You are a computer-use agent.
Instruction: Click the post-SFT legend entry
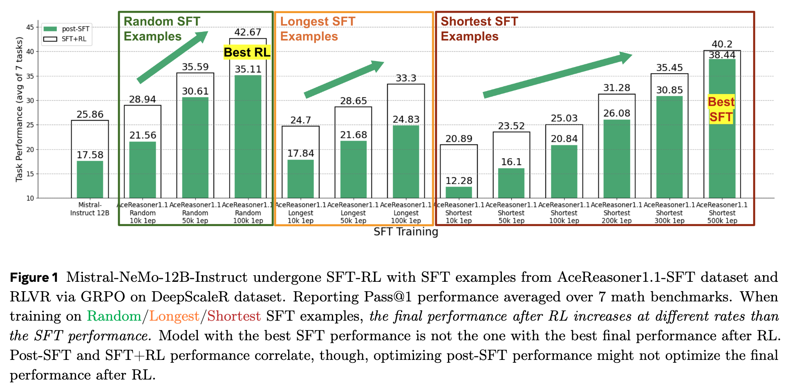67,29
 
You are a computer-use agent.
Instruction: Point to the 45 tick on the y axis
30,27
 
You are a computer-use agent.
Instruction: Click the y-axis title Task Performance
19,109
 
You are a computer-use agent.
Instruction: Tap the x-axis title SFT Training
405,232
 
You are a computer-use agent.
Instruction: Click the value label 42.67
248,32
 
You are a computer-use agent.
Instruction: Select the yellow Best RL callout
247,52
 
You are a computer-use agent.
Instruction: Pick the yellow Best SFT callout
721,110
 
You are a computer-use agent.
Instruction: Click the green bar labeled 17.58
90,180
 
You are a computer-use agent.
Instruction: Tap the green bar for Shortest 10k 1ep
459,192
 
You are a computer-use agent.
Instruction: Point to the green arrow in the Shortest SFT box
557,75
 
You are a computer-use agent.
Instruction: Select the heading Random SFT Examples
162,29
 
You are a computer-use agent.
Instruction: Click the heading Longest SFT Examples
318,29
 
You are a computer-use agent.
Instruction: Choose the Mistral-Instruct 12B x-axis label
90,209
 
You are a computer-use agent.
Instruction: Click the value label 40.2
722,44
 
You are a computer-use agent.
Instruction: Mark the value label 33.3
406,78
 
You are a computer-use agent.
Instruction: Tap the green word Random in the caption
114,316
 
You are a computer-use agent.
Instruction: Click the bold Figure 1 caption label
34,277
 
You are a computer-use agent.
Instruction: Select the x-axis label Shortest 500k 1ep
722,213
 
